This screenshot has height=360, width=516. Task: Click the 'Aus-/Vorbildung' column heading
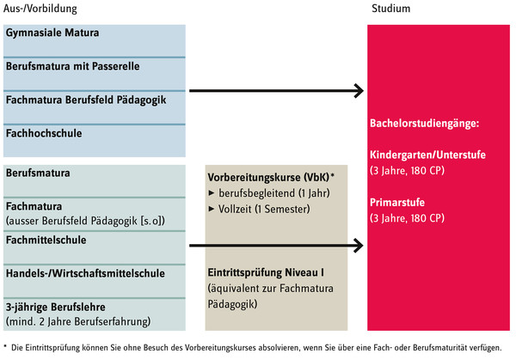tap(40, 9)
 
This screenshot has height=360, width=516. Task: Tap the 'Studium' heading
tap(391, 9)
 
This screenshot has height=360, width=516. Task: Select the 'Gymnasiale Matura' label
tap(52, 33)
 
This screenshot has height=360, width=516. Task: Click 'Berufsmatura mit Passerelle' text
tap(73, 66)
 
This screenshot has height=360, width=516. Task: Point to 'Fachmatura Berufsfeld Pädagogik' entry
tap(86, 100)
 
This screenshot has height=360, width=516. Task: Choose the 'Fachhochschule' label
tap(44, 133)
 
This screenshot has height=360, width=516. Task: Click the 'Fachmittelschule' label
tap(46, 240)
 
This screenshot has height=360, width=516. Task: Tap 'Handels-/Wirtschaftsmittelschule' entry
tap(85, 273)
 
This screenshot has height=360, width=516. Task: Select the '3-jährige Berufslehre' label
tap(56, 307)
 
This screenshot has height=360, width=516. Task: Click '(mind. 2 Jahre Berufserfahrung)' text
tap(78, 321)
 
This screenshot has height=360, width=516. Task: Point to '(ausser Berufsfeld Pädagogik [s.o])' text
tap(85, 221)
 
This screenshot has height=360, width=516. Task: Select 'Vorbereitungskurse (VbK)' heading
tap(268, 178)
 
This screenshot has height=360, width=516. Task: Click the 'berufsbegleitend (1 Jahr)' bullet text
tap(274, 193)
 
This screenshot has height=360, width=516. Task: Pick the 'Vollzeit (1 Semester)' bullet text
tap(264, 209)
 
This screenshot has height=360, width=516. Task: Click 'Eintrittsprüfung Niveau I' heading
tap(266, 272)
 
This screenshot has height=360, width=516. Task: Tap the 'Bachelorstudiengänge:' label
tap(424, 123)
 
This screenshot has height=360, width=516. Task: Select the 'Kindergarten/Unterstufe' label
tap(427, 155)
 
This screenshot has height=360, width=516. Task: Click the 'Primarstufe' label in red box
tap(397, 202)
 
